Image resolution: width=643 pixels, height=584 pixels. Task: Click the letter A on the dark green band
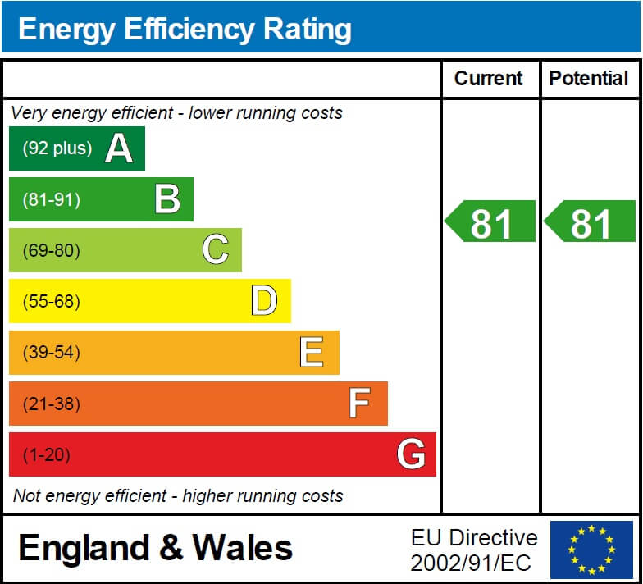tap(119, 148)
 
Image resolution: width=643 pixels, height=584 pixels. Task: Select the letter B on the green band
tap(167, 199)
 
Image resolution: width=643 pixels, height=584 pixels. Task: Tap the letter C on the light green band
tap(216, 250)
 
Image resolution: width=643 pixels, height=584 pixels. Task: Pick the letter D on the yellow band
tap(264, 301)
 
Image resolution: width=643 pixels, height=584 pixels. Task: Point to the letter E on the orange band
tap(312, 353)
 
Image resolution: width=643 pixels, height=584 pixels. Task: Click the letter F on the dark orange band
tap(359, 404)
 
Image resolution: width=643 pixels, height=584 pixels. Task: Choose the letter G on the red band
tap(411, 454)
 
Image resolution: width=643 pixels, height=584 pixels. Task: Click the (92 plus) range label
tap(57, 148)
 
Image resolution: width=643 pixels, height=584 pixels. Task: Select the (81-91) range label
tap(52, 199)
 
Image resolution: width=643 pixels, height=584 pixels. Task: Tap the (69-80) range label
tap(52, 250)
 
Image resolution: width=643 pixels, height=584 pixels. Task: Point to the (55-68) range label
tap(52, 301)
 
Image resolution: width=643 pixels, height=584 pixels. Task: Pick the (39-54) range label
tap(52, 353)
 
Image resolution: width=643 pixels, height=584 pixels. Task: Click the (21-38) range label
tap(52, 404)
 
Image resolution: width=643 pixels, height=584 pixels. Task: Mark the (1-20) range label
tap(47, 454)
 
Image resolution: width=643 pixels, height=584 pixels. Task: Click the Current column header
tap(489, 79)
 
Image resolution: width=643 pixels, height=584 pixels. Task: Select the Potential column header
tap(589, 79)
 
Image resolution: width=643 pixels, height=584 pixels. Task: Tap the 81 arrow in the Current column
tap(490, 221)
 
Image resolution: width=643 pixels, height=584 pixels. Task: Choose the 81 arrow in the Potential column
tap(590, 221)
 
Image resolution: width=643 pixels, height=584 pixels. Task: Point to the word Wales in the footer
tap(242, 548)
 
